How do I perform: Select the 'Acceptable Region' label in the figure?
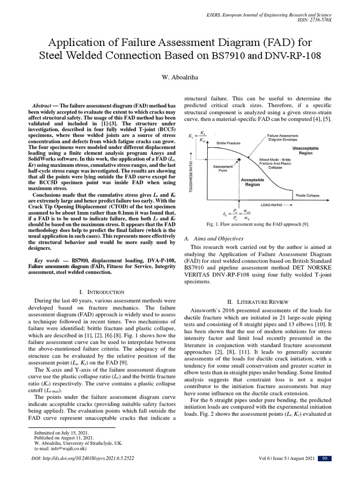(252, 182)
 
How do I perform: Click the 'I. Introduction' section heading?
(102, 292)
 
